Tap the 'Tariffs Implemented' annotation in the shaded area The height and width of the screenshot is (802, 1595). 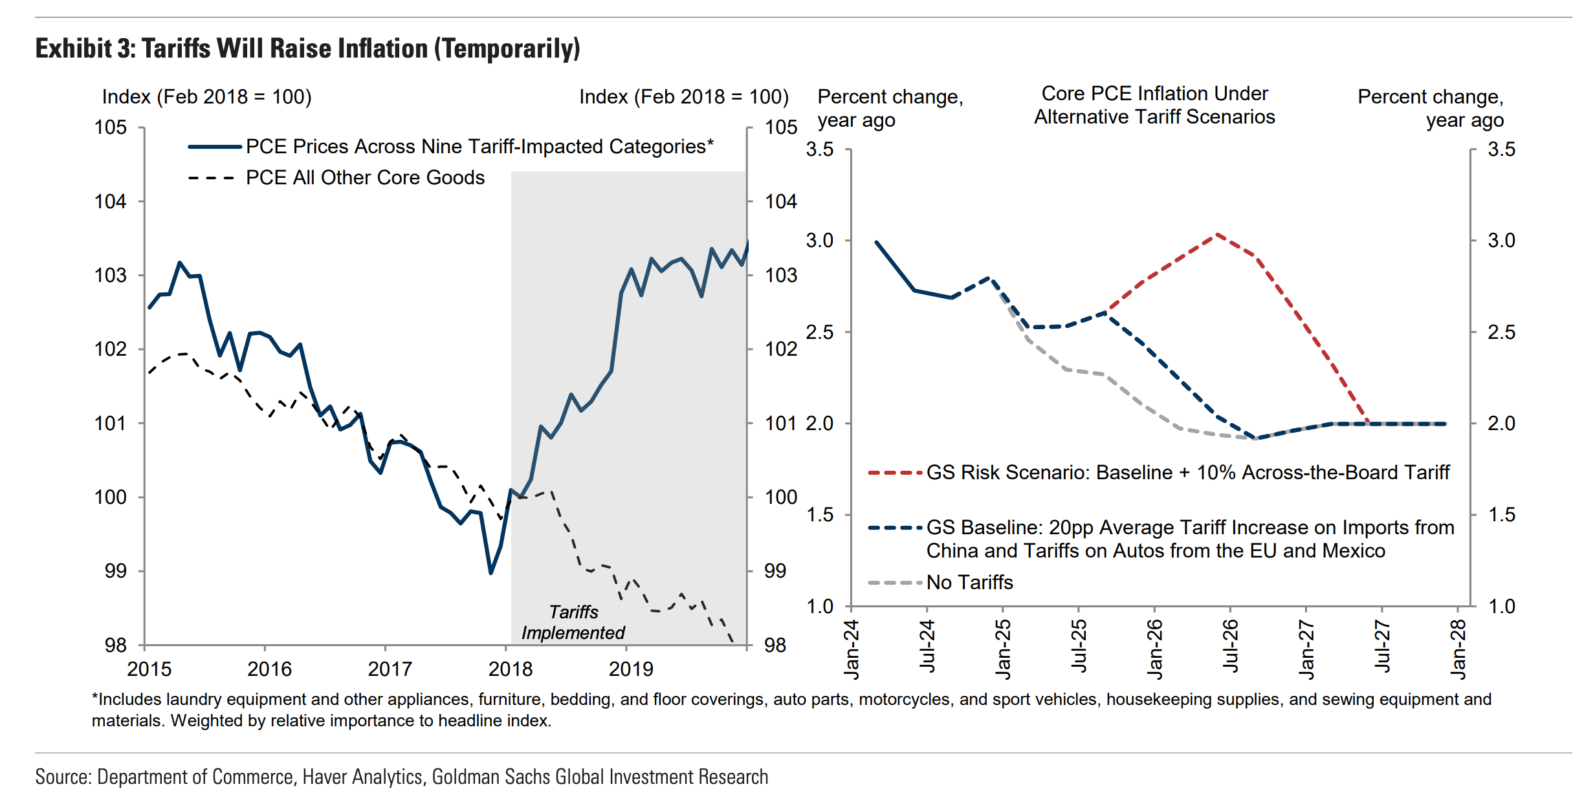(573, 622)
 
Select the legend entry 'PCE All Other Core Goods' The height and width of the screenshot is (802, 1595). (365, 178)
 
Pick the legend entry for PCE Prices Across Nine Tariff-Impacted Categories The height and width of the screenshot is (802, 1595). (479, 147)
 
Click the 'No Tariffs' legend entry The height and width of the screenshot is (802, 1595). (969, 583)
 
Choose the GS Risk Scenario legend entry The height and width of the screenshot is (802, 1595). (1187, 473)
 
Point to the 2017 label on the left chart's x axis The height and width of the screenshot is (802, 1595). (390, 669)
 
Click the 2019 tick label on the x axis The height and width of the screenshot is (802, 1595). (631, 669)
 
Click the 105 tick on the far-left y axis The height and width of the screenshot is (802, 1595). (111, 127)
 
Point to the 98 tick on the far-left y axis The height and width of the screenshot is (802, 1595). (116, 645)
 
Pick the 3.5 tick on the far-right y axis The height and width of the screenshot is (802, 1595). (1501, 149)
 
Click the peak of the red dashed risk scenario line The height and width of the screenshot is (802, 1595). (1217, 234)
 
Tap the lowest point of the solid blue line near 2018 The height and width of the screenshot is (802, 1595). (491, 572)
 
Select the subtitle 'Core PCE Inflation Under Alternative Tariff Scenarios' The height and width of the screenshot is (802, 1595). (1154, 105)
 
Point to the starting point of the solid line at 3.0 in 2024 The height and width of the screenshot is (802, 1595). (877, 243)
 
